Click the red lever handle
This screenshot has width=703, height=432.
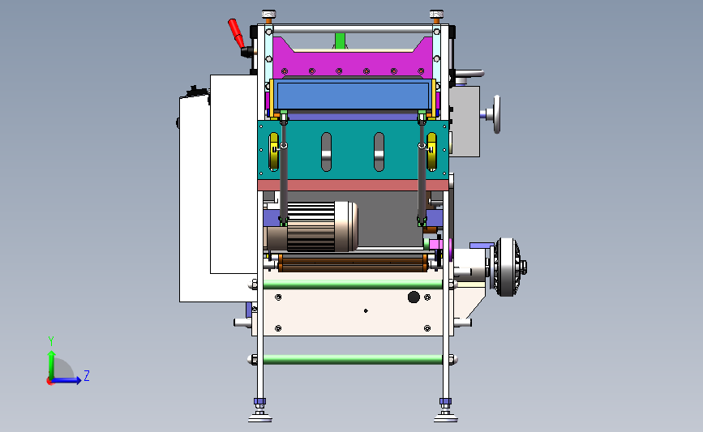tap(236, 33)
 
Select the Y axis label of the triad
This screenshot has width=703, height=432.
tap(51, 341)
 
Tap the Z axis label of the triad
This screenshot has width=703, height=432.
tap(87, 375)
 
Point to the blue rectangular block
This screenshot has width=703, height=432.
tap(354, 95)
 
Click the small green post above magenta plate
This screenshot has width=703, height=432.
tap(341, 41)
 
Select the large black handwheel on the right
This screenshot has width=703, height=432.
tap(508, 267)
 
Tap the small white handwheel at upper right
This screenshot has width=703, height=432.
tap(496, 114)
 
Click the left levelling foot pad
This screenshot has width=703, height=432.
tap(260, 418)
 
